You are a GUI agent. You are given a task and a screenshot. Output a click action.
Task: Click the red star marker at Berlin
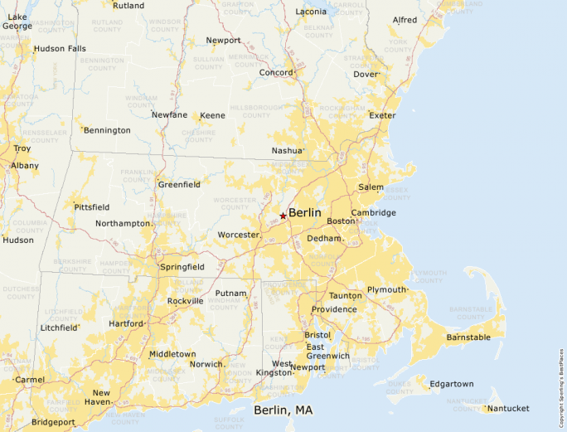point(283,216)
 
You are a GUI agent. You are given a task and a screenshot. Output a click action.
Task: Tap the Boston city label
point(341,221)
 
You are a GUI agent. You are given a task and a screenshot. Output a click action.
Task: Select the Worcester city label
point(238,235)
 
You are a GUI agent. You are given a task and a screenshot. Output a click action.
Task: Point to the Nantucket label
point(509,408)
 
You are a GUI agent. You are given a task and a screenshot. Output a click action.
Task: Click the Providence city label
point(334,309)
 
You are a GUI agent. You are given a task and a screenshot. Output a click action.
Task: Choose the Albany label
point(25,166)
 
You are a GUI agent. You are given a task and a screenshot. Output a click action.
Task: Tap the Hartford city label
point(126,323)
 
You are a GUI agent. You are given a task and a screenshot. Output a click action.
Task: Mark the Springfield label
point(182,267)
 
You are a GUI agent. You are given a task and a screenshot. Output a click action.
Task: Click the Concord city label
point(276,73)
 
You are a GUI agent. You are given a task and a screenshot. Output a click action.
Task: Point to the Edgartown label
point(452,384)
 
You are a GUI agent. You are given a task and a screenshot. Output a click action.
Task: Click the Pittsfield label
point(91,206)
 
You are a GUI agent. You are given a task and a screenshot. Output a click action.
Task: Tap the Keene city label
point(212,115)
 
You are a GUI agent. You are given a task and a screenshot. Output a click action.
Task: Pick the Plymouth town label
point(386,290)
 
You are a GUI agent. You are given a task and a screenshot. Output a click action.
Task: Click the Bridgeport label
point(53,422)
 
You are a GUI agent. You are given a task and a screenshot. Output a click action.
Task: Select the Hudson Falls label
point(60,49)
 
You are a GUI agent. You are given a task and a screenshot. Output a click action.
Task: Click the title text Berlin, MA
point(283,410)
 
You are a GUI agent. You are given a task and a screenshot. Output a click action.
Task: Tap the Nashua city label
point(287,151)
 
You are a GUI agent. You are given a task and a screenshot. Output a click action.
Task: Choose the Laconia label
point(311,12)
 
